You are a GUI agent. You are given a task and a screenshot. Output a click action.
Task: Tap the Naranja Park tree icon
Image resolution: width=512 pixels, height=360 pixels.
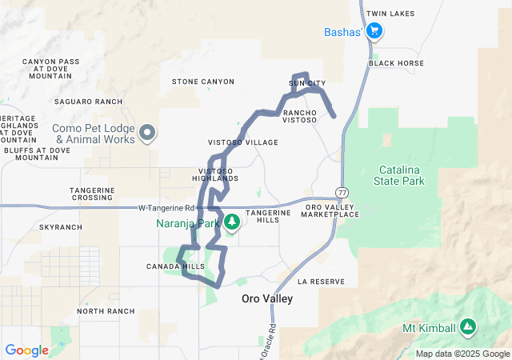coord(233,222)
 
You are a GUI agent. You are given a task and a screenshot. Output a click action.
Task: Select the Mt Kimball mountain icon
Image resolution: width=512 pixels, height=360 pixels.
coord(467,327)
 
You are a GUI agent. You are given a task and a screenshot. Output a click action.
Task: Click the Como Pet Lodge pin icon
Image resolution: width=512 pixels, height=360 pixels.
coord(146,133)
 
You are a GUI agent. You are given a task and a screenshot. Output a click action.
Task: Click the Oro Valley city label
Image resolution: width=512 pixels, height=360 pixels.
coord(267,298)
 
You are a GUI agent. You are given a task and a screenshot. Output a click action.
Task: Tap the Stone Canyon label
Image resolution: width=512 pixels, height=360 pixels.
coord(203,82)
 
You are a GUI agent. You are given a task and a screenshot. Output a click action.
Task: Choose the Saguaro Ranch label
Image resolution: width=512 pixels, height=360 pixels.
coord(89,102)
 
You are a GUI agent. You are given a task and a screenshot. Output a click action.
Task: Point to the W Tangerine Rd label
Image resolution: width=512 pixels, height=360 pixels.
coord(167,209)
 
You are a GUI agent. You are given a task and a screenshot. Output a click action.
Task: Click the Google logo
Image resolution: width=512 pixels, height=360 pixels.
coord(26,350)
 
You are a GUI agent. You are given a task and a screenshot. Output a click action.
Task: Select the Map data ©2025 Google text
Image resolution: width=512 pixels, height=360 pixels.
coord(462,354)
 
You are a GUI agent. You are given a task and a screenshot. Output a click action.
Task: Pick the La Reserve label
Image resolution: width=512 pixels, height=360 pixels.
coord(321,282)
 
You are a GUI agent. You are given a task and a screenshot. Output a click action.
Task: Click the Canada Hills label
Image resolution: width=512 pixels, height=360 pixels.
coord(175,266)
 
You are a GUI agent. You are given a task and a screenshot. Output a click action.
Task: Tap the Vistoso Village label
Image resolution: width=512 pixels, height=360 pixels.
coord(243,142)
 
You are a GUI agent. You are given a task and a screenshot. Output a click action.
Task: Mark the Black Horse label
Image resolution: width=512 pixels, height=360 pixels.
coord(397,62)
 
